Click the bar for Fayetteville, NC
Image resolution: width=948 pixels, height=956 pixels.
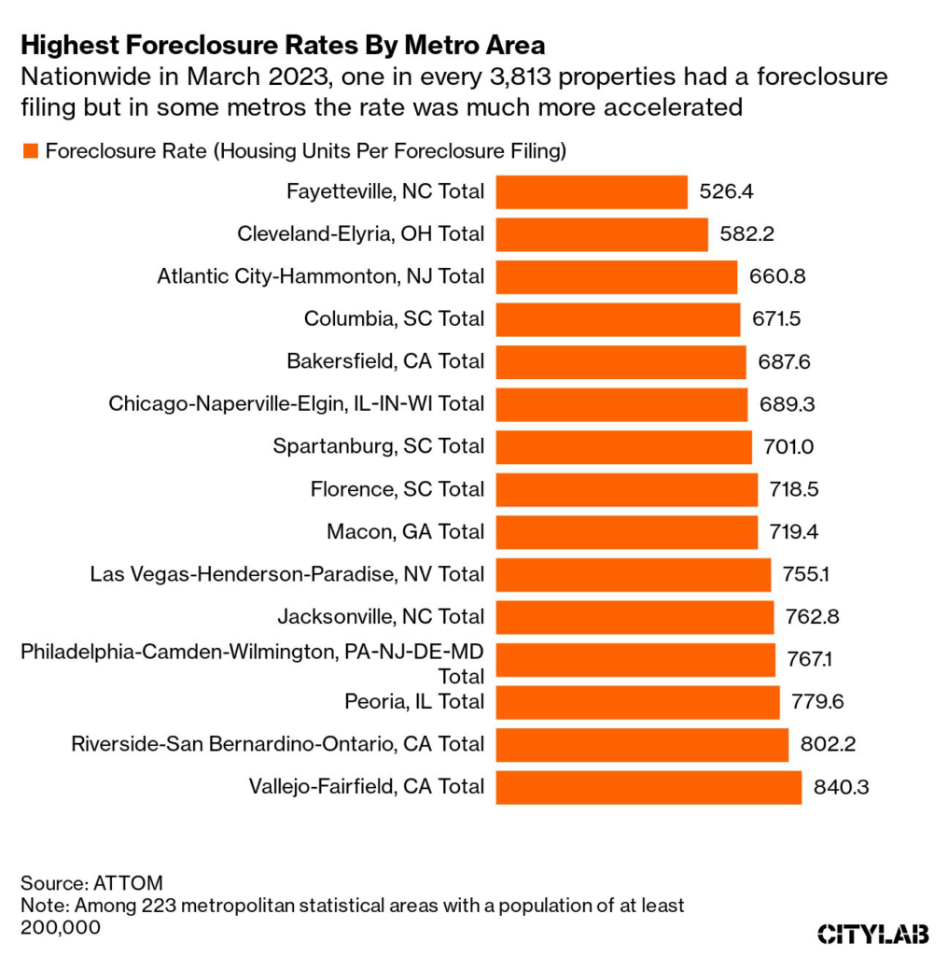[591, 192]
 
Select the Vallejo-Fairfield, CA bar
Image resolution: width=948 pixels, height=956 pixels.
[648, 787]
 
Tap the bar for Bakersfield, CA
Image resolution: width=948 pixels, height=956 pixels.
[620, 362]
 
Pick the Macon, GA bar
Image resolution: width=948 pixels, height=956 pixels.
[626, 532]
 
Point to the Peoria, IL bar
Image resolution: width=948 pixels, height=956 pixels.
[636, 702]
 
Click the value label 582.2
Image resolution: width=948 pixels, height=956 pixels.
[747, 235]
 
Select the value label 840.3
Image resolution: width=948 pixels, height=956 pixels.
[841, 787]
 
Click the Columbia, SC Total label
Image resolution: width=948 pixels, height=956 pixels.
[394, 319]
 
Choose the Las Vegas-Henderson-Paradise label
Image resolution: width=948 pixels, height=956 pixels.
[287, 574]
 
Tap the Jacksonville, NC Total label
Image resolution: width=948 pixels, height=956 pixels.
[381, 617]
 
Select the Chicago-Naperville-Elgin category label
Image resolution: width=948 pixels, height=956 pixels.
[296, 404]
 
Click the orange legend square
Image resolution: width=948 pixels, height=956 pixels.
[29, 151]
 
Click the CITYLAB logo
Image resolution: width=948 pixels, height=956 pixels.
[871, 932]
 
